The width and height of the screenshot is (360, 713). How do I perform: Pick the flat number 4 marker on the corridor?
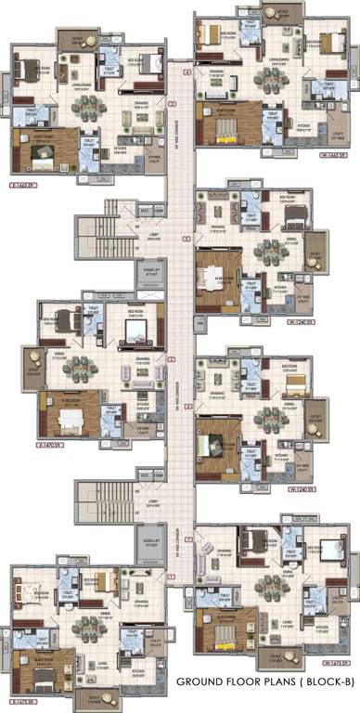(186, 71)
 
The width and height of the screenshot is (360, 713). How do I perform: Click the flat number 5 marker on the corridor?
(186, 239)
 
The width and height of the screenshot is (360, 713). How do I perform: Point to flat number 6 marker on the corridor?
(186, 407)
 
